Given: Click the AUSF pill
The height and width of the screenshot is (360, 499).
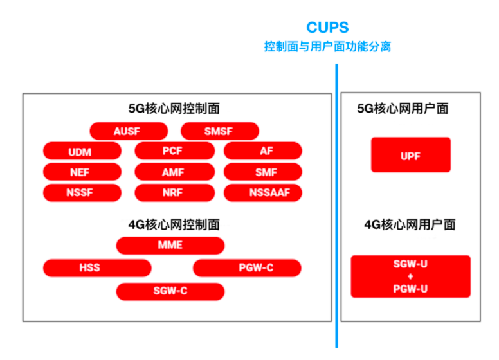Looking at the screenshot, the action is [x=129, y=131].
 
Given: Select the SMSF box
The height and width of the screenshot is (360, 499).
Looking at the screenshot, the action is [x=220, y=131].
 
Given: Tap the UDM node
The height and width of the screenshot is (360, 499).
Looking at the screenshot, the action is [x=82, y=151].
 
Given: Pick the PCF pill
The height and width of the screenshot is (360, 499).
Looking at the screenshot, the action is [x=175, y=150].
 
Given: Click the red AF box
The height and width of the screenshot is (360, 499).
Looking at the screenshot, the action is [x=263, y=150].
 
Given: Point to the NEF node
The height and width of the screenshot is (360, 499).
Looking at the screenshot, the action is [x=82, y=172].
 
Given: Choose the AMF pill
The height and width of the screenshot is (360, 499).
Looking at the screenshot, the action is [x=175, y=172].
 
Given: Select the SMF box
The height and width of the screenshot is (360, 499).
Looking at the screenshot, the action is [x=263, y=172].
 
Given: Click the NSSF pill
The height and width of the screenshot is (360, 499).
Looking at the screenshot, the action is [x=82, y=193].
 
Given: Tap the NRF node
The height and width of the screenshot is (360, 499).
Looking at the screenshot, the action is [x=175, y=193].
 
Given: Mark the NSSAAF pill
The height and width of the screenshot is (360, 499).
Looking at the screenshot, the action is [x=263, y=193].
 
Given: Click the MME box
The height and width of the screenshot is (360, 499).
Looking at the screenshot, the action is [x=170, y=246].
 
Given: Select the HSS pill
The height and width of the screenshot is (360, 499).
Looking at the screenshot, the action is [x=97, y=268].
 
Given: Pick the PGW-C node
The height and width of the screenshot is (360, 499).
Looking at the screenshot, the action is [x=247, y=268].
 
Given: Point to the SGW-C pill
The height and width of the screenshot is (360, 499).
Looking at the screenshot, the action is [x=170, y=291].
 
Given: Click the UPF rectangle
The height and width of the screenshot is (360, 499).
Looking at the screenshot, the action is [x=411, y=155].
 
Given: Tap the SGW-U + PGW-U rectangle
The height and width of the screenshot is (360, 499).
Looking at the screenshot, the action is [x=410, y=276].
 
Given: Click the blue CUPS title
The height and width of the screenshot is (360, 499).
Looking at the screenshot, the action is [x=327, y=28].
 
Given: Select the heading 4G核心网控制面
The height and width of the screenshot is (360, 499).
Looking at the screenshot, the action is [x=174, y=224].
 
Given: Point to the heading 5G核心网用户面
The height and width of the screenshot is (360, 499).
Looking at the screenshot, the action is [x=403, y=109].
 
